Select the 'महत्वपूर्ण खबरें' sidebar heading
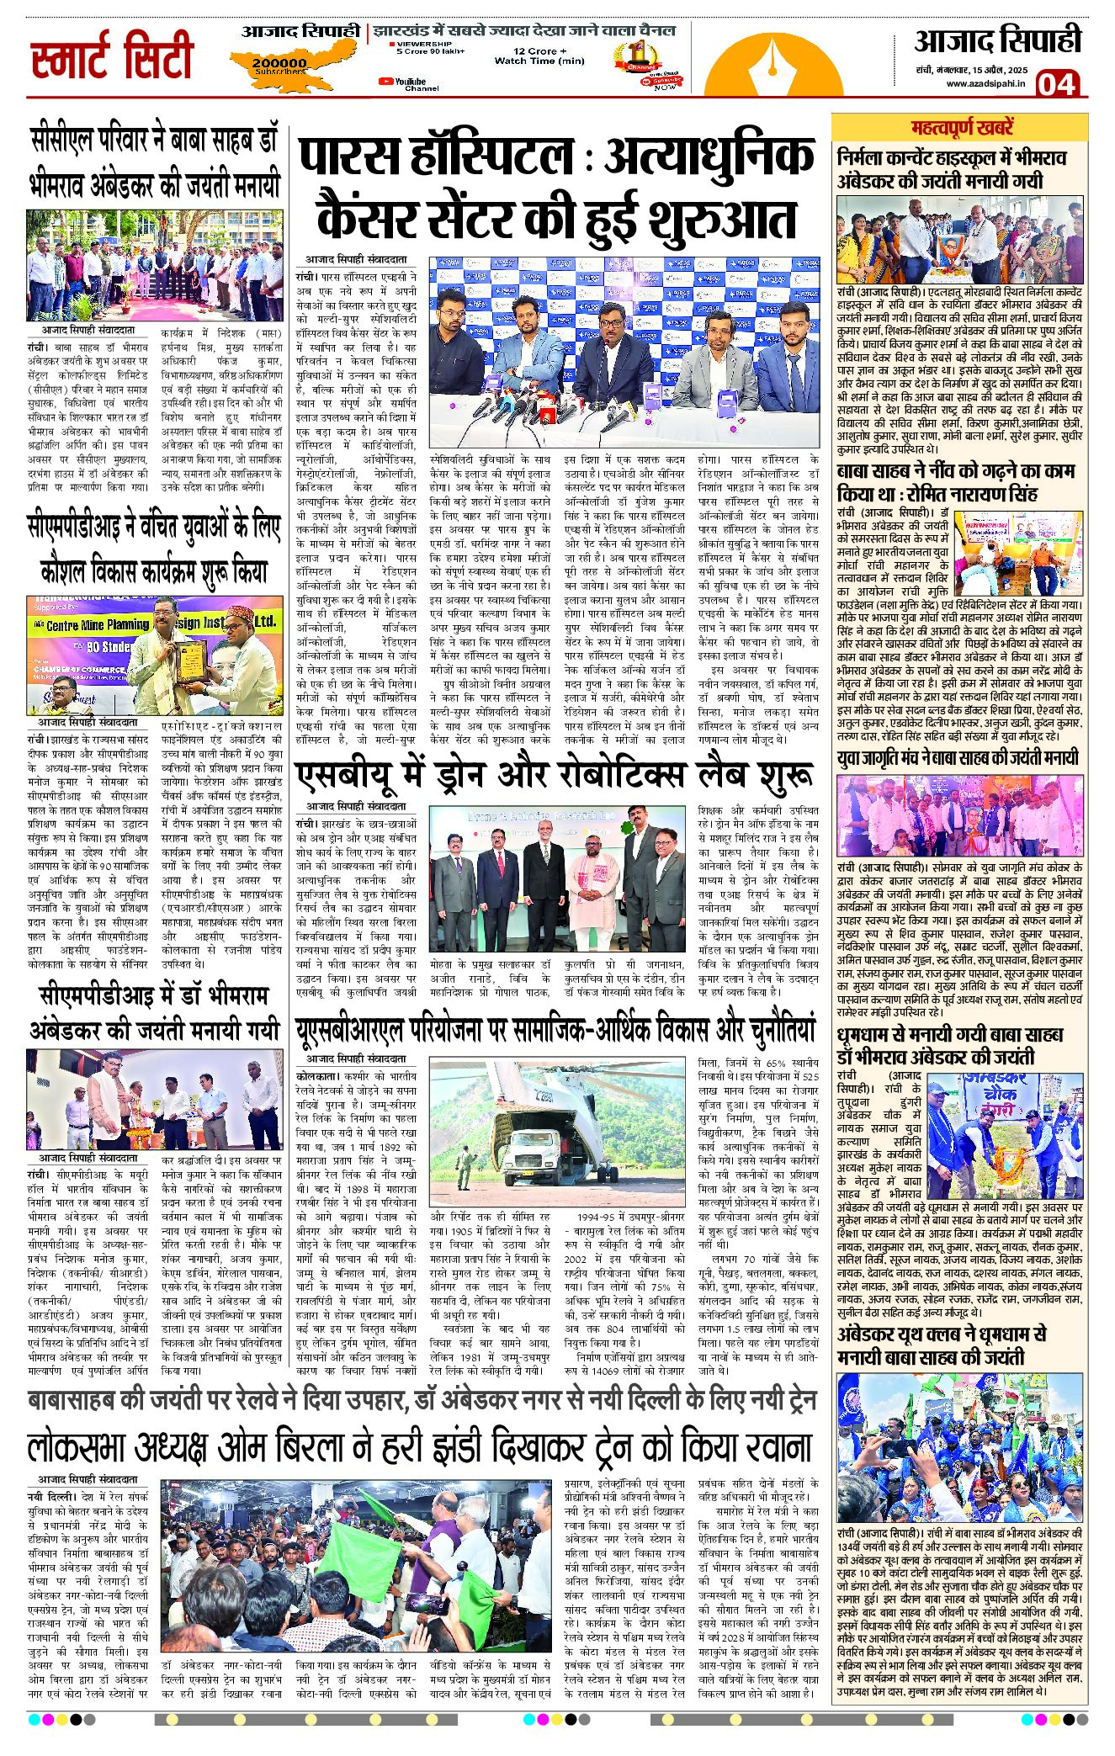point(963,129)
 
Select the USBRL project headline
point(555,1032)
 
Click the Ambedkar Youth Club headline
point(942,1345)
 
